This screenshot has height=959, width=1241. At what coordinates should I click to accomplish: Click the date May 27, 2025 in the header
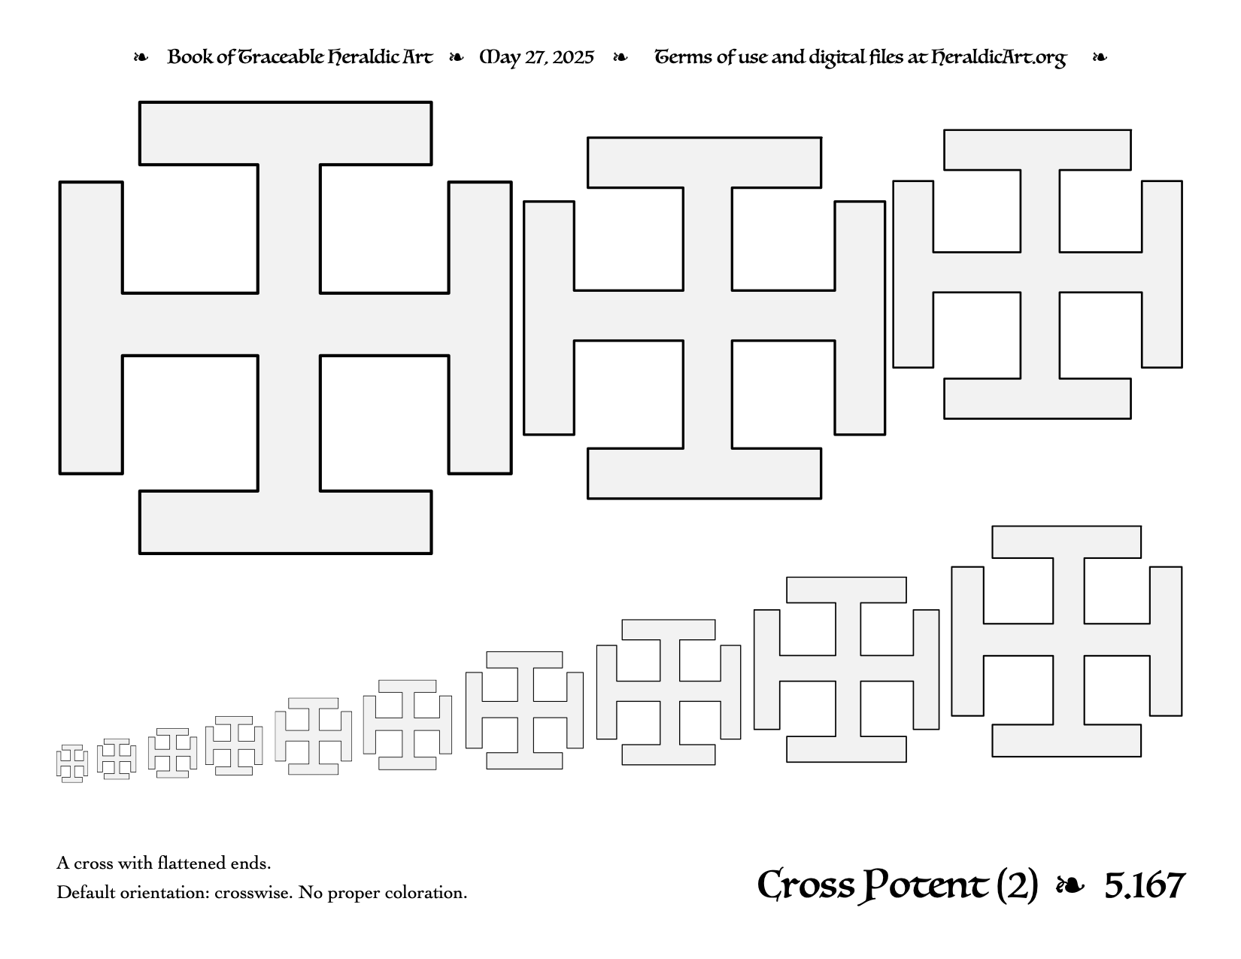[x=536, y=58]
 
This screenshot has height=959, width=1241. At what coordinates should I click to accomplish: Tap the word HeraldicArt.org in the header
[x=999, y=58]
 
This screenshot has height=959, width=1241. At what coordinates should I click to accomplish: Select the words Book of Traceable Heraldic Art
[x=300, y=57]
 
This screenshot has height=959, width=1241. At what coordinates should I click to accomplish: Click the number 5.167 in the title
[x=1145, y=885]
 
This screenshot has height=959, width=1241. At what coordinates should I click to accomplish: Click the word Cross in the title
[x=806, y=886]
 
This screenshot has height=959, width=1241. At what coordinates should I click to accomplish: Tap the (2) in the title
[x=1017, y=886]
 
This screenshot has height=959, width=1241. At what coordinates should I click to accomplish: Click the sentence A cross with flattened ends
[x=163, y=863]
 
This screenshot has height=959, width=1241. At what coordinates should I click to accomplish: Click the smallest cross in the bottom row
[x=72, y=763]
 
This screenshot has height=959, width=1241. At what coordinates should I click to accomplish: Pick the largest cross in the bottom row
[x=1067, y=642]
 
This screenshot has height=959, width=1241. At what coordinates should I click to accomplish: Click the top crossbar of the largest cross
[x=286, y=134]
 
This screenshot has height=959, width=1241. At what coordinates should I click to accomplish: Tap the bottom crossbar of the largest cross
[x=286, y=522]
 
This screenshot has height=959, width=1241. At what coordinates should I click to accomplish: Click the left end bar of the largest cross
[x=91, y=328]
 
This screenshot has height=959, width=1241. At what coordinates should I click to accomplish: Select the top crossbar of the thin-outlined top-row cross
[x=1037, y=150]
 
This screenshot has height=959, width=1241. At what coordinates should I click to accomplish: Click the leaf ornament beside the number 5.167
[x=1070, y=886]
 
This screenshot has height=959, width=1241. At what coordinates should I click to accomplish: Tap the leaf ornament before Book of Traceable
[x=141, y=58]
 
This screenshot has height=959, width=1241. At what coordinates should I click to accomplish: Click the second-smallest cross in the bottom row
[x=117, y=759]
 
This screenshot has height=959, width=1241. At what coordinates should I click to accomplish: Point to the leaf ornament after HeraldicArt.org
[x=1100, y=58]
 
